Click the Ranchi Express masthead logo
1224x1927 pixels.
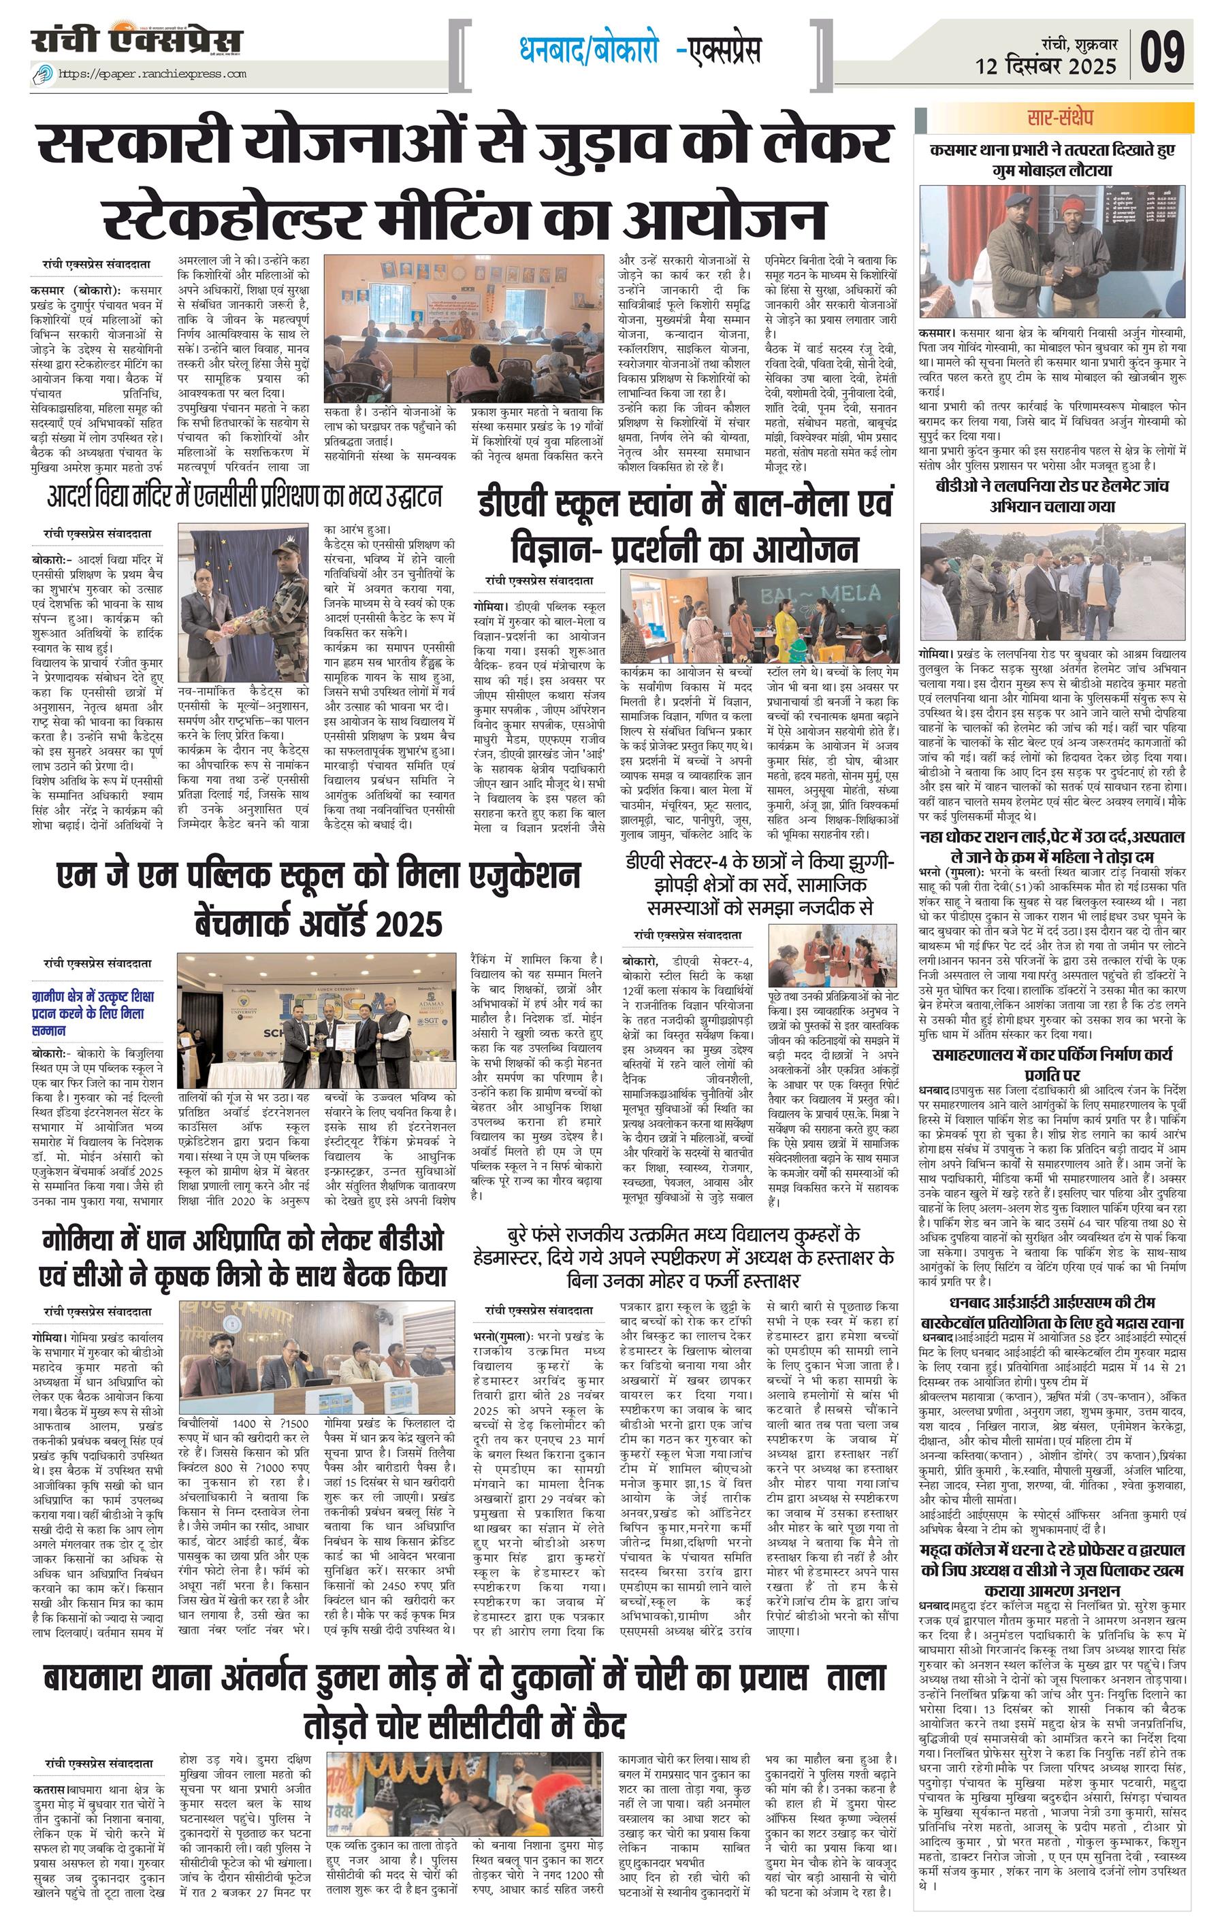coord(136,40)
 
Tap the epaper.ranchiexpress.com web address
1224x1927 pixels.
coord(152,74)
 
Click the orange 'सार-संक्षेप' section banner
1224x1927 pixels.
coord(1054,118)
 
